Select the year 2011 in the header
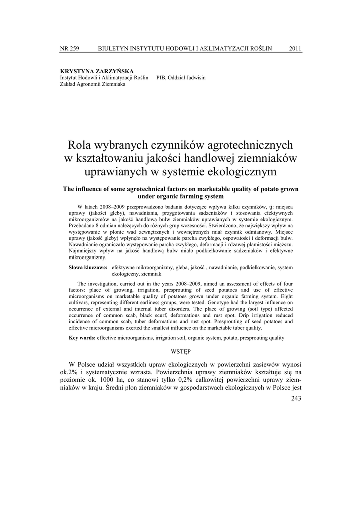(x=295, y=48)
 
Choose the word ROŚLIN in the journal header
(x=260, y=48)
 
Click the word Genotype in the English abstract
(x=240, y=303)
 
